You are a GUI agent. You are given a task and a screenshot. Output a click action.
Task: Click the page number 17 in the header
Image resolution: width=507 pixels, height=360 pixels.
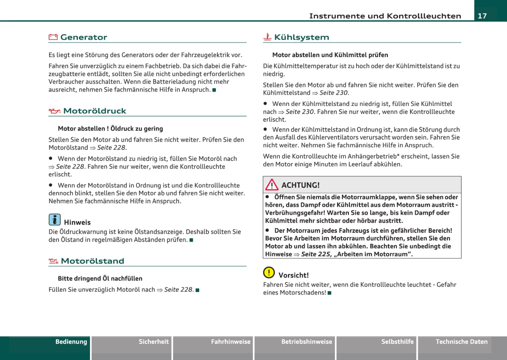(x=482, y=16)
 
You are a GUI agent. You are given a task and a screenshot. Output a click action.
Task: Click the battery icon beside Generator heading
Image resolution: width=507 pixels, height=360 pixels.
(x=53, y=37)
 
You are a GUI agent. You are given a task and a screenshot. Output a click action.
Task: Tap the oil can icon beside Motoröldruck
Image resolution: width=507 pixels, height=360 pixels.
(x=54, y=111)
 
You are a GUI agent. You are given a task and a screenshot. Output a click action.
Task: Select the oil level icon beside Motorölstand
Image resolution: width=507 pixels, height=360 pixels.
(x=53, y=261)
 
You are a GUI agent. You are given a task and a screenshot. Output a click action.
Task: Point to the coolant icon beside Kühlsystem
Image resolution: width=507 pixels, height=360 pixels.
(x=267, y=37)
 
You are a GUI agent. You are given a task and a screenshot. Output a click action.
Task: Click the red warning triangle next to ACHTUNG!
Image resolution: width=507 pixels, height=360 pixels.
(x=272, y=185)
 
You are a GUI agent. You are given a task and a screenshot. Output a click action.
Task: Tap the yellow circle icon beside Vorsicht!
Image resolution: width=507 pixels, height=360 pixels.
(x=269, y=272)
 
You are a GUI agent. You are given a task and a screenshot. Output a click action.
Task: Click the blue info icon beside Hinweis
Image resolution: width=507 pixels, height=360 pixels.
(x=54, y=220)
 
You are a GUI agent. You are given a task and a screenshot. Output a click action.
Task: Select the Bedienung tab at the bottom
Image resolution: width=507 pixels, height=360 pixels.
(x=71, y=342)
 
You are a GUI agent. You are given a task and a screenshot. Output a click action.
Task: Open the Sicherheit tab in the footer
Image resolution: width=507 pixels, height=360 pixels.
(x=154, y=342)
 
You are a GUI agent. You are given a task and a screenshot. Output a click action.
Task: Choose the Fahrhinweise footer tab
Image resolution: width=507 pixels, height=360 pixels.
(x=231, y=342)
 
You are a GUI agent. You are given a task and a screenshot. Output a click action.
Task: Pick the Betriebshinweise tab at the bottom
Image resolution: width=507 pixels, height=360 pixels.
(x=307, y=342)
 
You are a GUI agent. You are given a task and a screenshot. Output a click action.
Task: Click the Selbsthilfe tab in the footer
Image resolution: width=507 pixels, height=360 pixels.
(x=397, y=342)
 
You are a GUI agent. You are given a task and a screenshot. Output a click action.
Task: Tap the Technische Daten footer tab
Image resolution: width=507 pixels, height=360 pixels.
(x=461, y=342)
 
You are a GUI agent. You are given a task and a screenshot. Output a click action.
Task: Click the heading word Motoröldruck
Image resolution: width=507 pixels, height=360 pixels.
(x=95, y=111)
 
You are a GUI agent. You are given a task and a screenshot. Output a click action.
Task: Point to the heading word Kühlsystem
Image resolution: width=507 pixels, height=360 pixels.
(x=301, y=37)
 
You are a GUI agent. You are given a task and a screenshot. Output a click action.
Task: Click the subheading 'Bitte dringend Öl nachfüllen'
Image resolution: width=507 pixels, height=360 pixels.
(x=100, y=279)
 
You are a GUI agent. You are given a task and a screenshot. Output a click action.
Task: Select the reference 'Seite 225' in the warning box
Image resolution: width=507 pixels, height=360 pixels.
(x=316, y=254)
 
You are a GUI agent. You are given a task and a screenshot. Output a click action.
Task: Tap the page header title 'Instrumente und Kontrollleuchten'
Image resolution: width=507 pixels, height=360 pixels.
(x=385, y=16)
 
